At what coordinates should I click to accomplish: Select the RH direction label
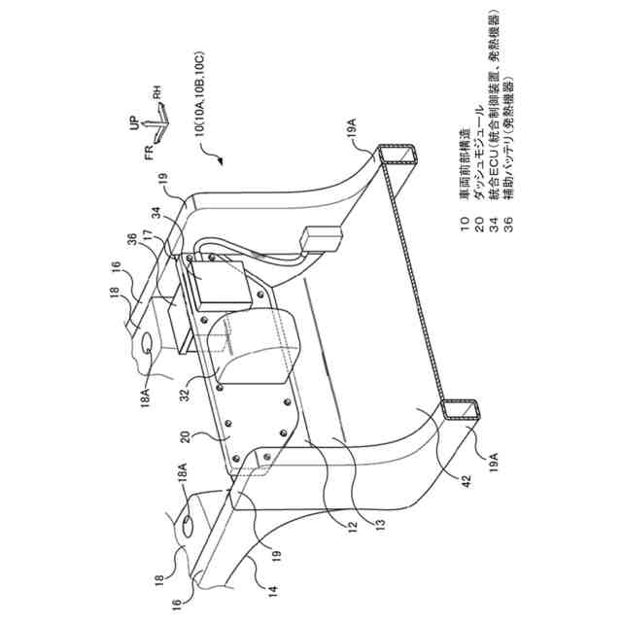(x=154, y=96)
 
